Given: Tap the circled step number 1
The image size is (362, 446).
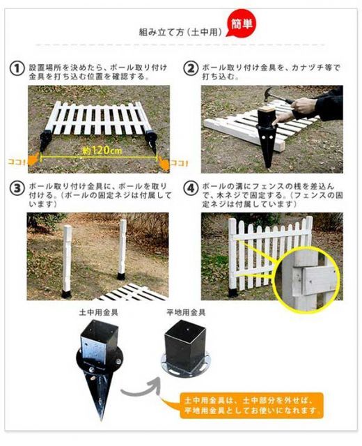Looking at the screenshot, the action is coord(17,68).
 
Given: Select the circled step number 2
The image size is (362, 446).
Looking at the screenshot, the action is coord(190,68).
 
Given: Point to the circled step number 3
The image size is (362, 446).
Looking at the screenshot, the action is coord(17,189).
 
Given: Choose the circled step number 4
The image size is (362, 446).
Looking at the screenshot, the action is coord(190,189).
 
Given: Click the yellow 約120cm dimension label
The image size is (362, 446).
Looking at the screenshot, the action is coord(102,151).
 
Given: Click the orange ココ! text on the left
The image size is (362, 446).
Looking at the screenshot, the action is coord(16,162).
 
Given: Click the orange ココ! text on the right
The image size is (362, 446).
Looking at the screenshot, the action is coord(179,163).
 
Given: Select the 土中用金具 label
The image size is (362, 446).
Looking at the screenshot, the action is coord(98,313).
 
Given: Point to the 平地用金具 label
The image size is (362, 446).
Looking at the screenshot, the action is coord(186,313).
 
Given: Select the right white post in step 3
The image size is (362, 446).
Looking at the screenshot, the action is coord(123,249).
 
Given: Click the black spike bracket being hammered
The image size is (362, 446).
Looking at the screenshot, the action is coord(267,137).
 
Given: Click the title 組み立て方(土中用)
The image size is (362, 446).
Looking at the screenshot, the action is coord(180,32).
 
